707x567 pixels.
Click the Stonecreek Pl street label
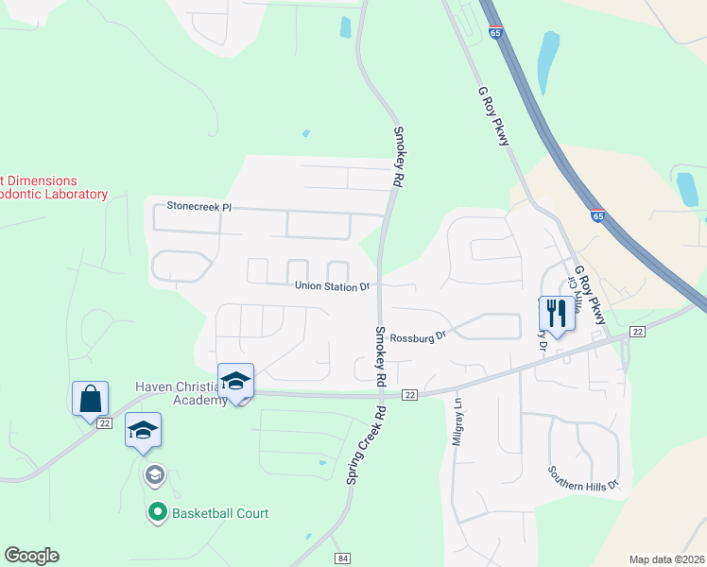pyautogui.click(x=198, y=205)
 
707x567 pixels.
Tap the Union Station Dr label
pyautogui.click(x=331, y=286)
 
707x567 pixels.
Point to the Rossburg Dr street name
pyautogui.click(x=417, y=335)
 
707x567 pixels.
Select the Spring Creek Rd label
pyautogui.click(x=367, y=446)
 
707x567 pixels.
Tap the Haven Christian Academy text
pyautogui.click(x=180, y=393)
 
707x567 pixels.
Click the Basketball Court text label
pyautogui.click(x=220, y=513)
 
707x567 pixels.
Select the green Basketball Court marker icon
pyautogui.click(x=158, y=513)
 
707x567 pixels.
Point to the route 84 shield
pyautogui.click(x=342, y=558)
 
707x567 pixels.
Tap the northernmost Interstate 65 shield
pyautogui.click(x=496, y=32)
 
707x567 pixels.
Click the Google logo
pyautogui.click(x=31, y=556)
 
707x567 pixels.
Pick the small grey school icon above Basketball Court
pyautogui.click(x=154, y=473)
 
